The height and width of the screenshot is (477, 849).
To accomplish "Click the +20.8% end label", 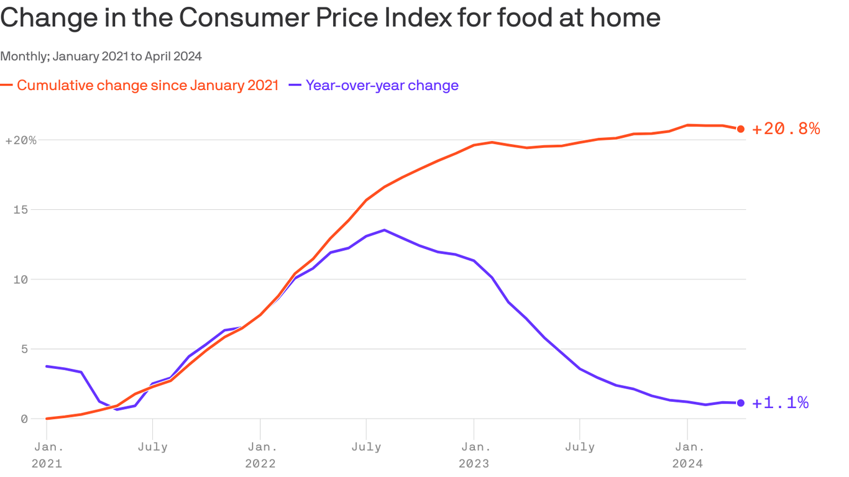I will pos(786,129).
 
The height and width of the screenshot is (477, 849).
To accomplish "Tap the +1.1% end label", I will pos(780,403).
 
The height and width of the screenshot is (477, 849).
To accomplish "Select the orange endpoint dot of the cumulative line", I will pos(740,129).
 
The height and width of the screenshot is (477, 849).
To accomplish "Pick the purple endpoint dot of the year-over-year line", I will pos(740,403).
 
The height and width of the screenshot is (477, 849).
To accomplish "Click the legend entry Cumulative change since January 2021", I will pos(147,86).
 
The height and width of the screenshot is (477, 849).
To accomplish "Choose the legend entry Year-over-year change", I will pos(382,86).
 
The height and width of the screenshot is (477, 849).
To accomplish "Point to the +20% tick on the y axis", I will pos(21,140).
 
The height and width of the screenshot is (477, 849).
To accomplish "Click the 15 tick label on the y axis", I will pos(21,210).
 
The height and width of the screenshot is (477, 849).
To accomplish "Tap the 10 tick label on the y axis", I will pos(21,279).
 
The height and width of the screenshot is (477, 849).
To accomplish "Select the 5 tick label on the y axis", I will pos(24,349).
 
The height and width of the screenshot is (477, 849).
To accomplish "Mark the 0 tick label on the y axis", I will pos(24,419).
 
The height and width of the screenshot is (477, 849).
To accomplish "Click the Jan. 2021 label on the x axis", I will pos(47,455).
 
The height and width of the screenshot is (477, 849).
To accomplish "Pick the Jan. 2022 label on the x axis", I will pos(260,455).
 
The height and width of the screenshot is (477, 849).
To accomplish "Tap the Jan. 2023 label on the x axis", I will pos(474,455).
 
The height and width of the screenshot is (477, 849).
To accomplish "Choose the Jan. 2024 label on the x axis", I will pos(687,455).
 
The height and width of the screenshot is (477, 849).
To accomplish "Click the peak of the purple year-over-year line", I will pos(384,230).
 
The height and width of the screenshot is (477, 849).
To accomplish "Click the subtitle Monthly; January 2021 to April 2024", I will pos(101,57).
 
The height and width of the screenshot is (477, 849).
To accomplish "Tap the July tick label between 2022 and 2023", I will pos(366,447).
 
